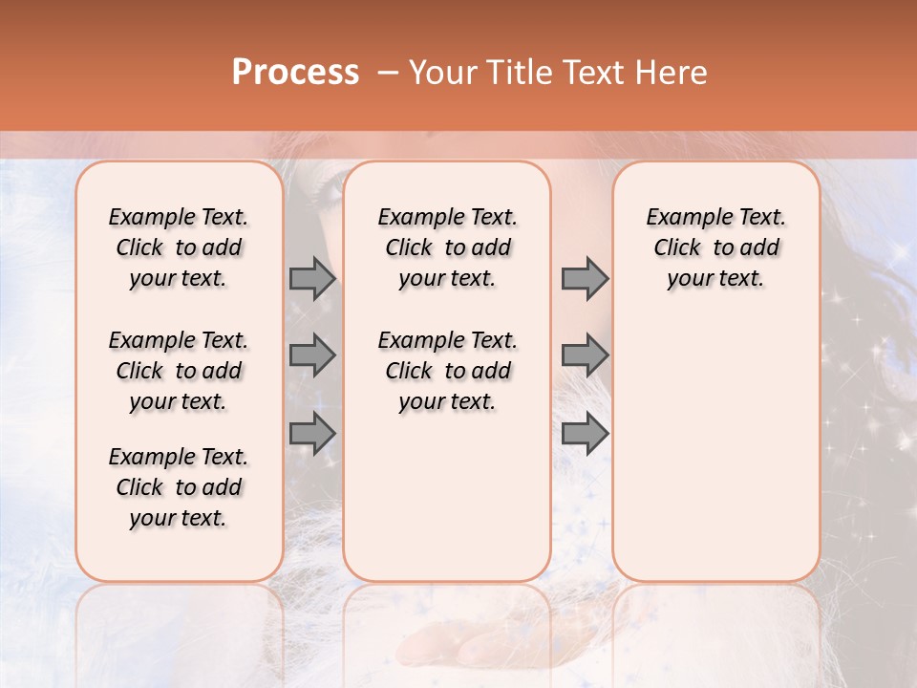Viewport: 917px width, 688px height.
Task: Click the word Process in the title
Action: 295,73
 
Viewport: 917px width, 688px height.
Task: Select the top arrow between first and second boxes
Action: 312,279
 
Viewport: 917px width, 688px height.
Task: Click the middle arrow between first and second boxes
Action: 312,355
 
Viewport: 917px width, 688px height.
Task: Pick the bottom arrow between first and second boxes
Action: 312,434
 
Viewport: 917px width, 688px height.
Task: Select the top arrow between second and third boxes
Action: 585,279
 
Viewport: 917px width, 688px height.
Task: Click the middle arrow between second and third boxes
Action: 585,355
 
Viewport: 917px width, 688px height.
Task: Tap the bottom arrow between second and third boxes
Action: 585,434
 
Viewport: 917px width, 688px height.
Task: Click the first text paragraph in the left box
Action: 179,247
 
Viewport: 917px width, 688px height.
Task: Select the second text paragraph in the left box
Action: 179,371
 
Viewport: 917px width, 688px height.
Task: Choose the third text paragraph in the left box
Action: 179,487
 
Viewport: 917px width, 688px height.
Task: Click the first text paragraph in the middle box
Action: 447,247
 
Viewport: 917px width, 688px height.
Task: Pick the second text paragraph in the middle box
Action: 447,371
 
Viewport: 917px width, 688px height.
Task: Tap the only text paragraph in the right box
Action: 715,247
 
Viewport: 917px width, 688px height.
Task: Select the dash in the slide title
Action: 387,73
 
